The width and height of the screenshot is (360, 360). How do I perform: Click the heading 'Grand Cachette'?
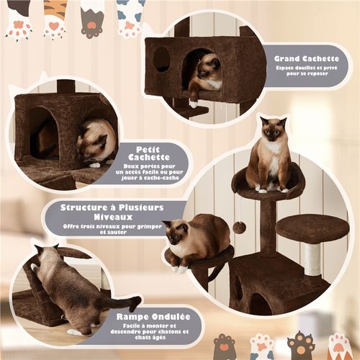(x=307, y=58)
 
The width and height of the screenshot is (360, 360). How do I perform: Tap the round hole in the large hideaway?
(x=162, y=59)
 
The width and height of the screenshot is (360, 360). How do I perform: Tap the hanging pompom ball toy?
(x=240, y=227)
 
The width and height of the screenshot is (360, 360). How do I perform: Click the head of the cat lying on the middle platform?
(x=175, y=234)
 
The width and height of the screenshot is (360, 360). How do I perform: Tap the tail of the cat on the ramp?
(x=122, y=302)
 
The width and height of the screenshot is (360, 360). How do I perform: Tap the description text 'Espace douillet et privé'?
(x=307, y=68)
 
